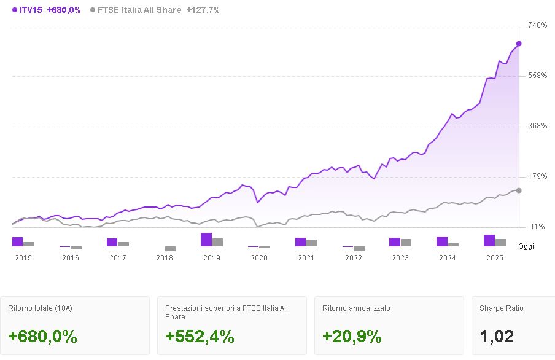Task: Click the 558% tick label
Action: pyautogui.click(x=537, y=76)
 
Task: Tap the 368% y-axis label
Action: pyautogui.click(x=537, y=126)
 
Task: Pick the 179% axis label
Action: pyautogui.click(x=537, y=176)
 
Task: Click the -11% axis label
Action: pyautogui.click(x=537, y=227)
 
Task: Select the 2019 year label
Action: pyautogui.click(x=212, y=258)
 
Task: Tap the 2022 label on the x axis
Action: pyautogui.click(x=354, y=258)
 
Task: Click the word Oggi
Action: pyautogui.click(x=526, y=246)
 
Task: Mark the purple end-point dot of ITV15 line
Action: pyautogui.click(x=519, y=44)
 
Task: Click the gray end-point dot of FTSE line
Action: pyautogui.click(x=519, y=190)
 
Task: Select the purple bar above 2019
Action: pyautogui.click(x=206, y=240)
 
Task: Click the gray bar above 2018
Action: pyautogui.click(x=170, y=249)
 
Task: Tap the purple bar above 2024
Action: pyautogui.click(x=442, y=241)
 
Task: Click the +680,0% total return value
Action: pyautogui.click(x=42, y=337)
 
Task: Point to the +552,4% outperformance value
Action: pyautogui.click(x=200, y=337)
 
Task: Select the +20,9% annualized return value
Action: pyautogui.click(x=352, y=337)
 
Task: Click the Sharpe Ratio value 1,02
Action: pyautogui.click(x=497, y=337)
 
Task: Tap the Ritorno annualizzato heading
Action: pyautogui.click(x=356, y=308)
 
